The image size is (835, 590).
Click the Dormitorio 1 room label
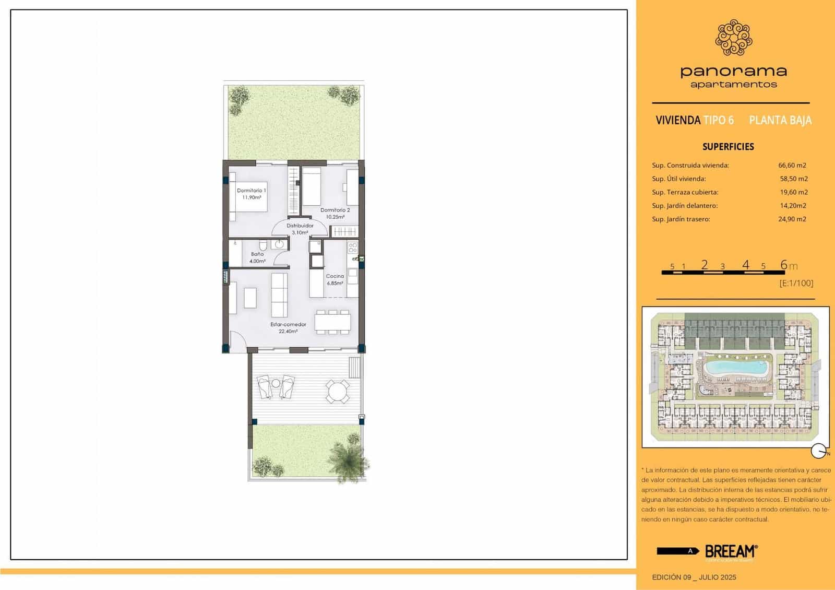[251, 194]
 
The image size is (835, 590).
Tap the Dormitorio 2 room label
[335, 213]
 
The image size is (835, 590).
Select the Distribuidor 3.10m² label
[300, 229]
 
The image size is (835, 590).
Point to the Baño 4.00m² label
[257, 257]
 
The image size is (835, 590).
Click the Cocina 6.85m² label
[335, 279]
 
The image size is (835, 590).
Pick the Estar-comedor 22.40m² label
[288, 327]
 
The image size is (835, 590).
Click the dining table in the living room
[332, 321]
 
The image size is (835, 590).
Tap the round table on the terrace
[338, 391]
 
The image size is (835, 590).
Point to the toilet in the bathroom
[264, 245]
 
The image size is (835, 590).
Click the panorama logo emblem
[733, 38]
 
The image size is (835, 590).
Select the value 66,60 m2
[792, 165]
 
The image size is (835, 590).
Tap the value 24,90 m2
[792, 219]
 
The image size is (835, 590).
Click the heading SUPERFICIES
[728, 147]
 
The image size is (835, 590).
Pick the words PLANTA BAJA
[780, 121]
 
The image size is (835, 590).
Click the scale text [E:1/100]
[796, 283]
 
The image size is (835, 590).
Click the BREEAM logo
[731, 551]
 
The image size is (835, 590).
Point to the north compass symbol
[818, 451]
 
